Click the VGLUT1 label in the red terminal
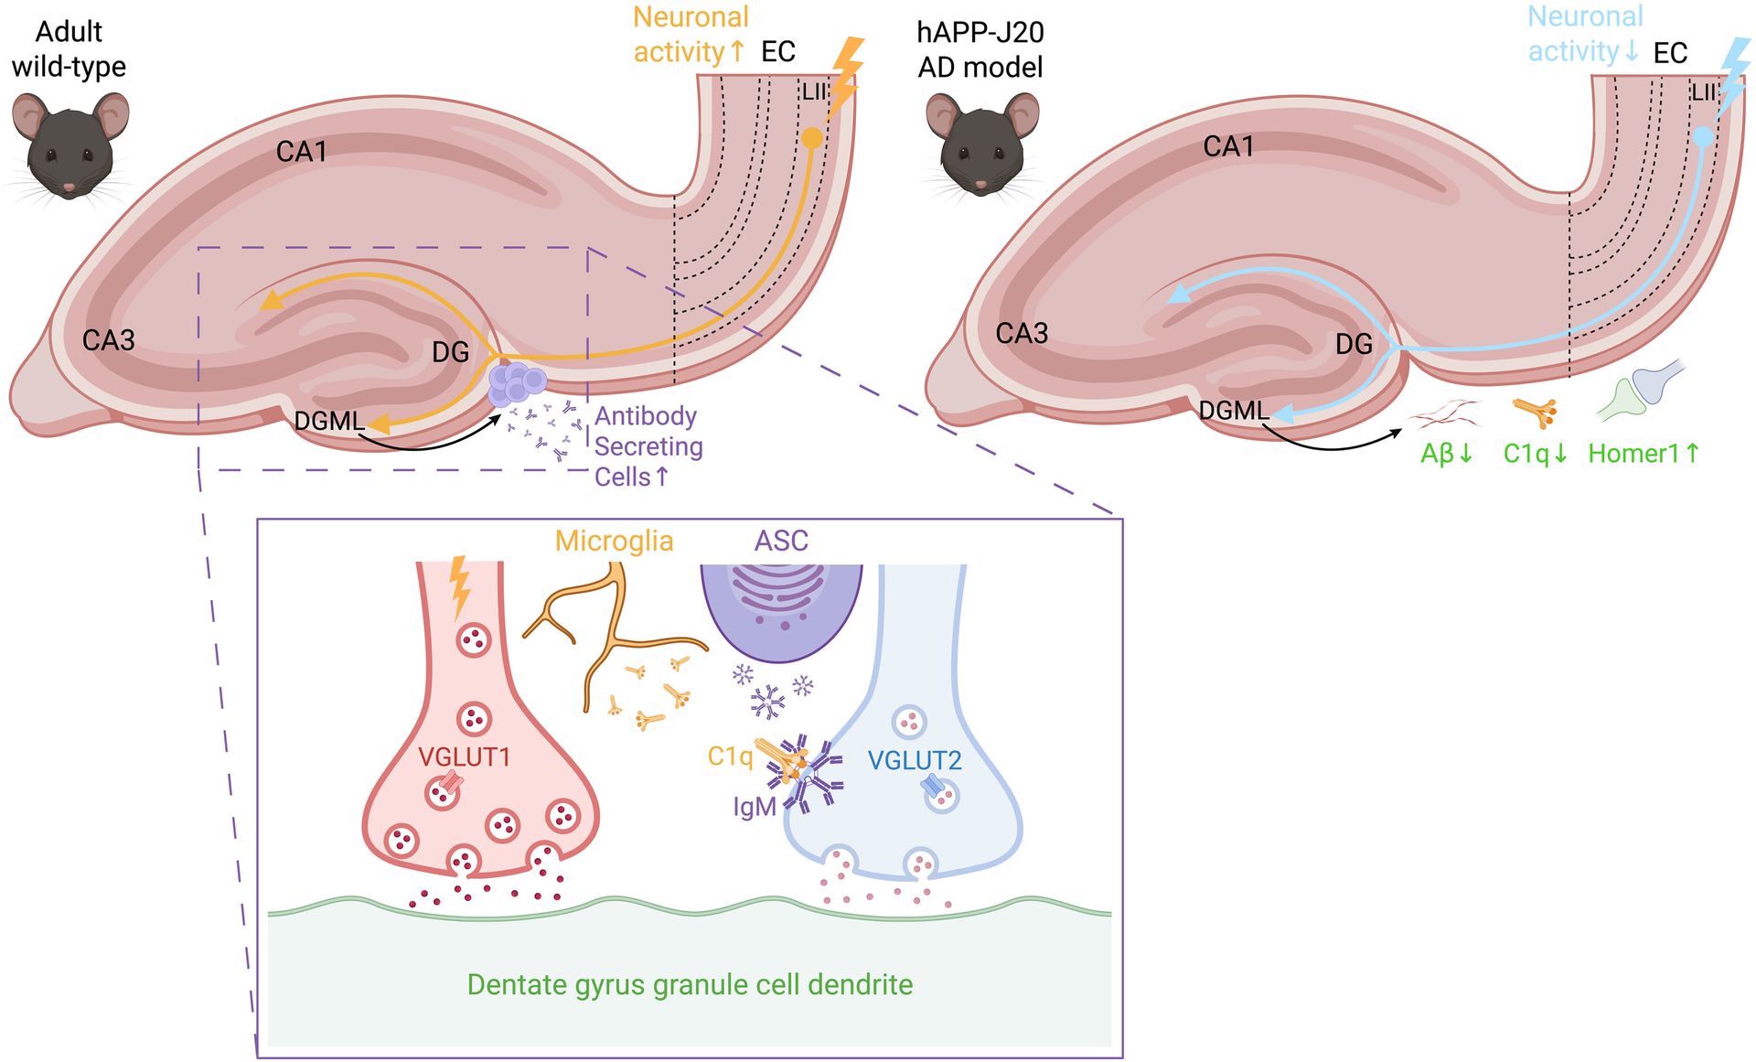464,756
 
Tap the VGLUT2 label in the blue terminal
915,760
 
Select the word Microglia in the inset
614,542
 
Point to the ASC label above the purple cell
781,541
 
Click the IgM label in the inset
755,807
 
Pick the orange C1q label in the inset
730,757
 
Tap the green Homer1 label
1644,453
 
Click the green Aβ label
1446,454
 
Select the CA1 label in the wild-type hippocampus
302,152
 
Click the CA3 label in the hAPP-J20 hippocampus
1022,333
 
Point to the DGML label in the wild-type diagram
329,421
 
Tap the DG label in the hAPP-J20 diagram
1354,344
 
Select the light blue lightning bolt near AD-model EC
1734,78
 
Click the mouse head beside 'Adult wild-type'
70,145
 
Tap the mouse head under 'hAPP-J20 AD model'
982,146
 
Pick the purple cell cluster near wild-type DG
517,384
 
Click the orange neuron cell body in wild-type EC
812,139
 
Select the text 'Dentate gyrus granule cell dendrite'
690,985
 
